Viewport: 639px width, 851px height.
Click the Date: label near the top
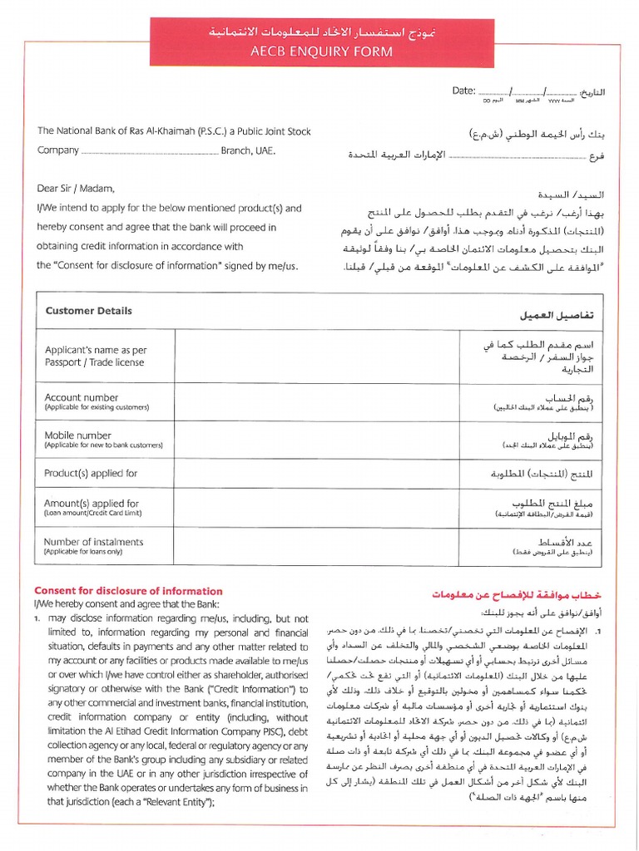click(x=463, y=91)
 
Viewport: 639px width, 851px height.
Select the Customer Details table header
click(x=88, y=311)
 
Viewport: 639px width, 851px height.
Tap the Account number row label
click(x=82, y=397)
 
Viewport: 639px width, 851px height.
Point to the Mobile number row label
click(x=78, y=435)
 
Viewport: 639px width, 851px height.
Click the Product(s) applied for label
click(x=91, y=473)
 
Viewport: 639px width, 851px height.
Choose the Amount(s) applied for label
click(x=92, y=504)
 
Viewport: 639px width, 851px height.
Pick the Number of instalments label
click(x=93, y=542)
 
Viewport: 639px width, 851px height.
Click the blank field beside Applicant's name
click(x=316, y=356)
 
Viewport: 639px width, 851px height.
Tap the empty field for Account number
click(x=316, y=402)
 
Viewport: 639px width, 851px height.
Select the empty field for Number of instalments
click(x=316, y=546)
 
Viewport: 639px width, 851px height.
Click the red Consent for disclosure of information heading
click(x=128, y=591)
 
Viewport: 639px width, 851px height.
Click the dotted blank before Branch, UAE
click(x=150, y=151)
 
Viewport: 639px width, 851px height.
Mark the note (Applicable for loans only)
click(x=83, y=552)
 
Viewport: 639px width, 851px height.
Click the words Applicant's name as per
click(x=95, y=351)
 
